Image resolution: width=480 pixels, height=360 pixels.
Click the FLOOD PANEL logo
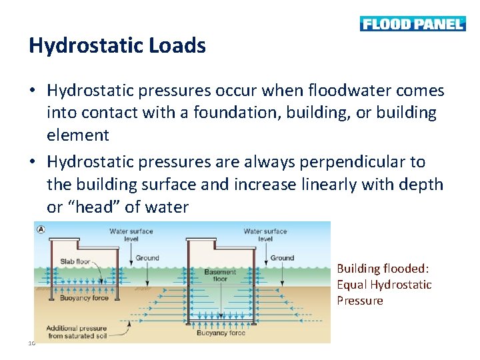(x=412, y=24)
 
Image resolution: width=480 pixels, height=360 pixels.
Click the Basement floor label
(x=220, y=275)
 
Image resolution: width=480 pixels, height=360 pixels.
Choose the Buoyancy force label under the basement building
(x=222, y=333)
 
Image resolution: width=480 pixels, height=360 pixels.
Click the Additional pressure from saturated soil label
(x=75, y=332)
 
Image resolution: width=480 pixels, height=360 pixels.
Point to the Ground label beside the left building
(x=147, y=257)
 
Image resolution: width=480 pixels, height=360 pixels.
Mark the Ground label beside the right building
(x=282, y=257)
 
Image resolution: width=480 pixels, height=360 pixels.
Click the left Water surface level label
(x=131, y=235)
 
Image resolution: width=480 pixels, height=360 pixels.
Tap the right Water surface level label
(x=265, y=235)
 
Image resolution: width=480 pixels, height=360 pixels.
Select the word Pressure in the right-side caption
(x=360, y=301)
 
